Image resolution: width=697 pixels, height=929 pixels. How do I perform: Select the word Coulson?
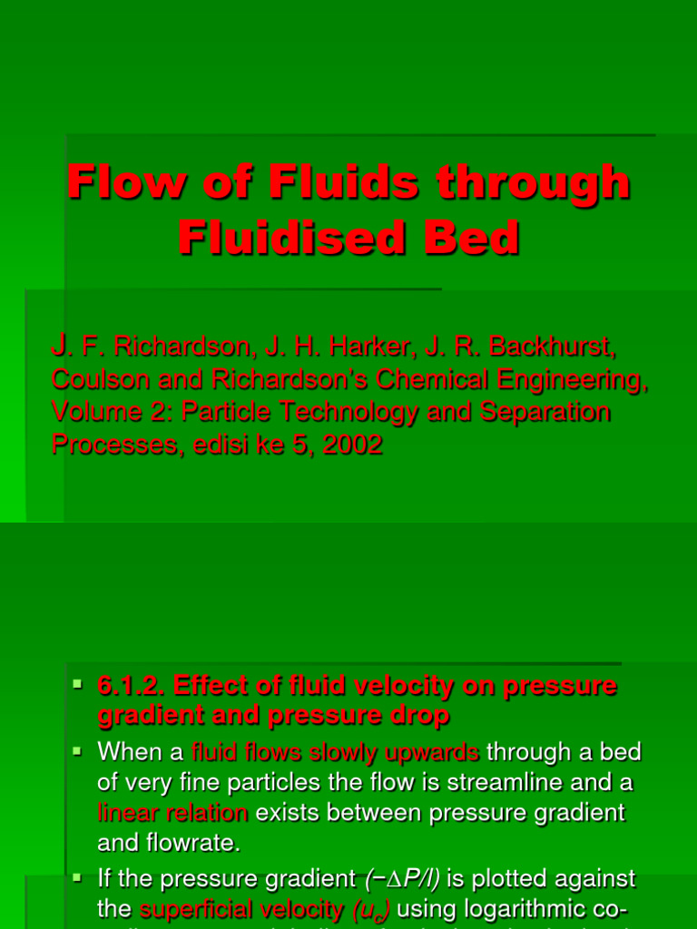click(x=95, y=381)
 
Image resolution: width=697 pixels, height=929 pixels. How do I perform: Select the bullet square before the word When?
click(x=78, y=750)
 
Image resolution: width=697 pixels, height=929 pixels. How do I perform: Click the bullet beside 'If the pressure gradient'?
click(x=78, y=879)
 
